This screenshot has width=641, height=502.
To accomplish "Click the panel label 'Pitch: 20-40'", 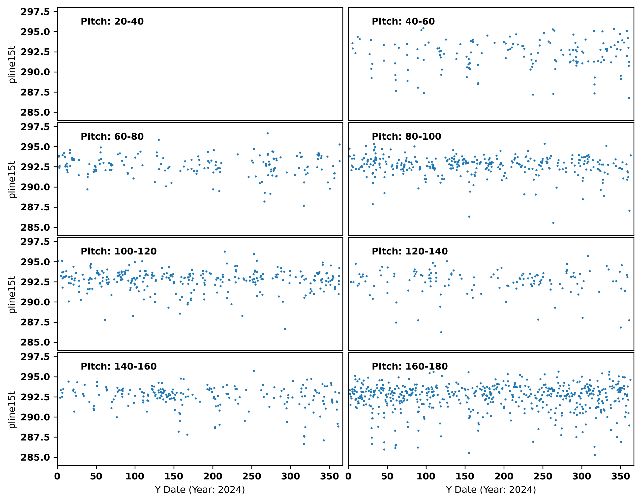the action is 112,22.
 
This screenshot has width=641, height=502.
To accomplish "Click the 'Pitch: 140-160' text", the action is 119,366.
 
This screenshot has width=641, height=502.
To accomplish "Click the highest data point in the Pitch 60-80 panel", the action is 268,133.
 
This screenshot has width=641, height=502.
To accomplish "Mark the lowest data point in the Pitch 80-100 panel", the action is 553,223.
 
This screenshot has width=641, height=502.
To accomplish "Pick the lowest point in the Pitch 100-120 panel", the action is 285,329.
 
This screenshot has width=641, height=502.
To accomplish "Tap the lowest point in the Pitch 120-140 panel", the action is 441,332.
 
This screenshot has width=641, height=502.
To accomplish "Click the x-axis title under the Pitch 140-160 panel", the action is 200,490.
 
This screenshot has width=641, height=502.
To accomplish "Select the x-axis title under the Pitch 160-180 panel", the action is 491,490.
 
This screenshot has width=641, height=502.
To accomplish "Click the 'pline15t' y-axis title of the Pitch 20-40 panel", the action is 12,64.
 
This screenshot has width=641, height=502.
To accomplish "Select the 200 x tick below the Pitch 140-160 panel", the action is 213,476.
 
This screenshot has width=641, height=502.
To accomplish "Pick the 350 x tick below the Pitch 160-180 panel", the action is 620,476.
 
